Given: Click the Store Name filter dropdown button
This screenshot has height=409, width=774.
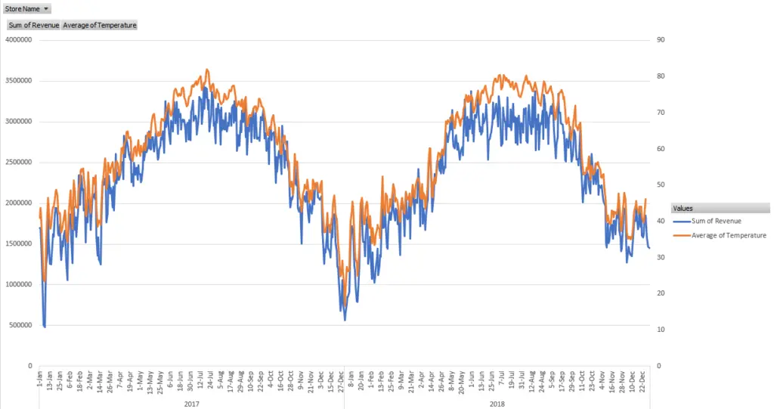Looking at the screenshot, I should (x=46, y=8).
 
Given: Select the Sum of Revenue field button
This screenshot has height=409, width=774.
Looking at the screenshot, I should (x=33, y=25).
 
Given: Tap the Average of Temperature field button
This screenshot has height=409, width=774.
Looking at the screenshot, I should (x=99, y=25).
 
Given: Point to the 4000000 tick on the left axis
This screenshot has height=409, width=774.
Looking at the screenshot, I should (x=17, y=39).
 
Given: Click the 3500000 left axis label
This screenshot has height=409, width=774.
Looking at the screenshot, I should (x=17, y=80).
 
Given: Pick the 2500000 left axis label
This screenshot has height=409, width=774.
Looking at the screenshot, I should (x=17, y=162).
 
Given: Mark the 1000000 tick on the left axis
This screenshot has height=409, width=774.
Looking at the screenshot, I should (x=17, y=284).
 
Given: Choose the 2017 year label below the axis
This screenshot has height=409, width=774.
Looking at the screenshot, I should (x=192, y=404).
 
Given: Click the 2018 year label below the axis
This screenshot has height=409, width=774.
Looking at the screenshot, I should (x=497, y=404).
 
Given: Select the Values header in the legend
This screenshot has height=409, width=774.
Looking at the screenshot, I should (x=683, y=208).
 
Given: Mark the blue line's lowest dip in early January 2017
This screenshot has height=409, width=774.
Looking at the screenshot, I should (x=45, y=327).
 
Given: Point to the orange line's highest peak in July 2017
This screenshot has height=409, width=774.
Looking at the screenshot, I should (x=207, y=70).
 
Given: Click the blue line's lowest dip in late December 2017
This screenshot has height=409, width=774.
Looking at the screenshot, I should (x=345, y=320).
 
